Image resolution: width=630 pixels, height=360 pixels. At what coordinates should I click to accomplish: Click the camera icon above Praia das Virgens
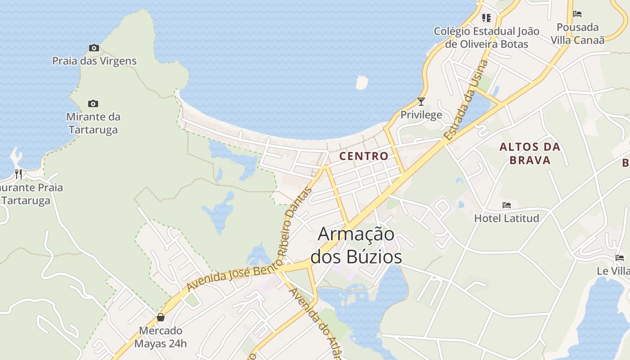click(94, 48)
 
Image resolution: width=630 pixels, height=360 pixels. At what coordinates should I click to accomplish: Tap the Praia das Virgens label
click(94, 61)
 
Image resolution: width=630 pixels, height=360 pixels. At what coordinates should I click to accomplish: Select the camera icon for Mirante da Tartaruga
click(93, 104)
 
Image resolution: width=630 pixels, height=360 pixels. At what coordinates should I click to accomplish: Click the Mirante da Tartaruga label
click(93, 123)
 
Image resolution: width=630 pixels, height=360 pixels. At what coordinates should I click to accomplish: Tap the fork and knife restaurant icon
click(18, 174)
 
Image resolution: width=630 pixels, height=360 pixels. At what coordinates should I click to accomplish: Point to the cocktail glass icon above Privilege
click(421, 102)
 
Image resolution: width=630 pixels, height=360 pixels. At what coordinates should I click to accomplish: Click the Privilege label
click(421, 115)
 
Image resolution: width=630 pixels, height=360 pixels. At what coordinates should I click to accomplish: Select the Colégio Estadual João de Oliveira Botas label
click(486, 38)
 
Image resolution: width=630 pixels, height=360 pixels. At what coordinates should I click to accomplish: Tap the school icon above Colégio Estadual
click(486, 18)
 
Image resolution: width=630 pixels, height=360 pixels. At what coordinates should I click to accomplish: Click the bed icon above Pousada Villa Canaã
click(577, 14)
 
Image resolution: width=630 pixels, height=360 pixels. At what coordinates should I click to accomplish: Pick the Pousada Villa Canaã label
click(578, 34)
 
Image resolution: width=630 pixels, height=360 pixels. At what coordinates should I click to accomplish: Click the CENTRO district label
click(364, 156)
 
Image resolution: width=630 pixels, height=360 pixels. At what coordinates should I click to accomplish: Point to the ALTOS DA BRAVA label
click(530, 153)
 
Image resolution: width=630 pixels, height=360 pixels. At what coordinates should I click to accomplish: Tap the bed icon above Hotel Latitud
click(507, 205)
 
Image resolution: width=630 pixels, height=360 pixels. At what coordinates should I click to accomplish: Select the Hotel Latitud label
click(507, 218)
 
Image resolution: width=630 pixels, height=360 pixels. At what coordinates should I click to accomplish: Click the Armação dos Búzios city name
click(356, 246)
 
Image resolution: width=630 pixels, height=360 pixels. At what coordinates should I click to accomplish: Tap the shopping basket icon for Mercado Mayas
click(161, 317)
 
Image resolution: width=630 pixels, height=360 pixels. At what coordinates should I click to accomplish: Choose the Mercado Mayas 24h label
click(160, 337)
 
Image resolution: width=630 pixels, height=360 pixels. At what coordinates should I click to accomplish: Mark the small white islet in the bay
click(362, 82)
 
